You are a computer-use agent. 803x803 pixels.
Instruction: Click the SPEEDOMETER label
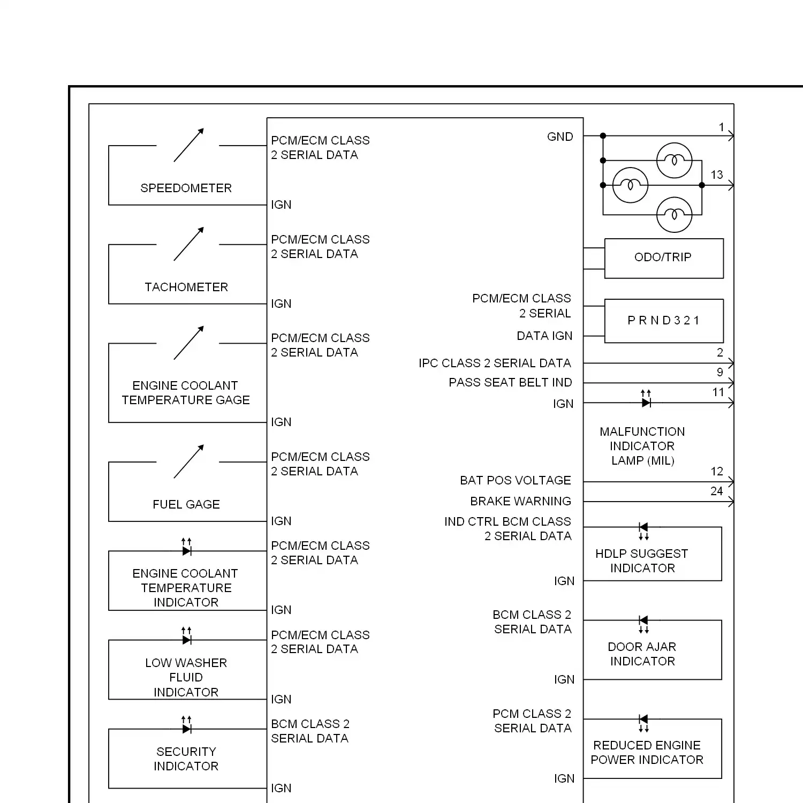186,188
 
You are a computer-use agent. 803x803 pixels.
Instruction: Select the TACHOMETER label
186,287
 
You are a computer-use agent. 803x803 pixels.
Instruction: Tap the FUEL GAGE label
186,504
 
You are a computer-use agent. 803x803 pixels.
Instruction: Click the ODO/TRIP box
664,259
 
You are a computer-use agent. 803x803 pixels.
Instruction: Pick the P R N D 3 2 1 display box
664,321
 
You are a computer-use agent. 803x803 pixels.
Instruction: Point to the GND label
560,137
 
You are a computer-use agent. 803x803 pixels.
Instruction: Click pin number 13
717,175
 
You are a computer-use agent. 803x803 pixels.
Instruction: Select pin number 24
717,491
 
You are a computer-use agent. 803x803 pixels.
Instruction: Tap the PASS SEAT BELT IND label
510,382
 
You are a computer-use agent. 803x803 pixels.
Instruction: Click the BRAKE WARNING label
520,501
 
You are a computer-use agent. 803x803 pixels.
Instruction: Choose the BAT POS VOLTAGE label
516,480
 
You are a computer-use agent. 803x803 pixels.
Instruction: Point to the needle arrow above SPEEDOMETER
188,145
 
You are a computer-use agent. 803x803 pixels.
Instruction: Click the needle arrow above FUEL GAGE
188,461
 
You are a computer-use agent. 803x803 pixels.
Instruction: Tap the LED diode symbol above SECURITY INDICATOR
186,725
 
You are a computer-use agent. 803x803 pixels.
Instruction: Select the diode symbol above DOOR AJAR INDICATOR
643,624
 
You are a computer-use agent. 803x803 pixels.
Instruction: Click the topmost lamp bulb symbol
675,160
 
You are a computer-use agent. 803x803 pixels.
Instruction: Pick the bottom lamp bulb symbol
675,215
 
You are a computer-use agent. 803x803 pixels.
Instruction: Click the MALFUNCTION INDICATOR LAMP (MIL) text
642,446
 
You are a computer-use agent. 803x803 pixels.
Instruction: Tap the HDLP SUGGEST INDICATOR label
642,560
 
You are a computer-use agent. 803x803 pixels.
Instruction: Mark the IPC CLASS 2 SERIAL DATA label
495,363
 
